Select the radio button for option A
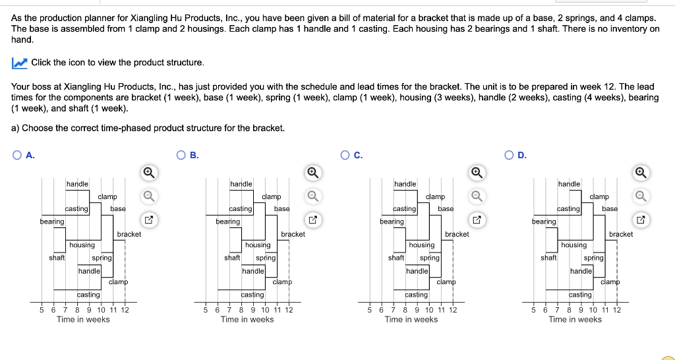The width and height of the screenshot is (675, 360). [x=16, y=156]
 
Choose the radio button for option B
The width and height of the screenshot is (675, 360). [x=181, y=156]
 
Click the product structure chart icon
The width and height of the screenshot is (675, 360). [x=19, y=63]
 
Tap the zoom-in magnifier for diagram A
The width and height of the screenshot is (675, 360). [x=149, y=173]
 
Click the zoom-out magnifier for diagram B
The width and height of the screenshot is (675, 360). [x=313, y=196]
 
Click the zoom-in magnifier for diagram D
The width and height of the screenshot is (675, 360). [x=641, y=173]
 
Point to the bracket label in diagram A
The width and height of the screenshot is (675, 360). [x=129, y=234]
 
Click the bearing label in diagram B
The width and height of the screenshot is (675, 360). [x=227, y=222]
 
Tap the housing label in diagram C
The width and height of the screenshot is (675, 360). [x=421, y=245]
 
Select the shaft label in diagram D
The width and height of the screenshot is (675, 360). [x=549, y=258]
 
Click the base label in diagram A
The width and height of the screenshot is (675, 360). [x=118, y=208]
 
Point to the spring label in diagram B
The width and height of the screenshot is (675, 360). [x=265, y=258]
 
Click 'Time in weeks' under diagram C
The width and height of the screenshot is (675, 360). [x=411, y=320]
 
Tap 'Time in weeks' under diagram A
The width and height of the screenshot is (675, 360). [x=83, y=320]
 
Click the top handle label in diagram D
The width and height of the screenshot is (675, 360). [x=569, y=183]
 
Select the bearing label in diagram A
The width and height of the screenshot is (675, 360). [x=52, y=222]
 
